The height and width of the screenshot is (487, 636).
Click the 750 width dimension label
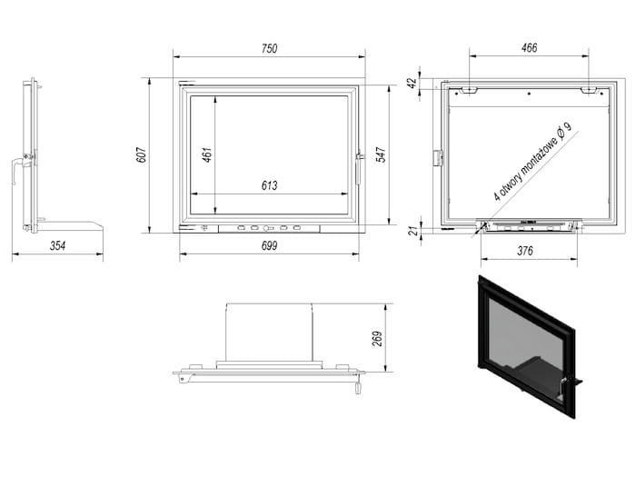point(269,49)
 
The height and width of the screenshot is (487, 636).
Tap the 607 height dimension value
point(141,154)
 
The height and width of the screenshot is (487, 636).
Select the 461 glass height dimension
point(207,154)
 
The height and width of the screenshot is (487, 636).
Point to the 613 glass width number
point(269,185)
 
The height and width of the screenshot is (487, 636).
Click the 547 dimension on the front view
point(382,154)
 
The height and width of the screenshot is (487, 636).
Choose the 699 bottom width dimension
point(269,245)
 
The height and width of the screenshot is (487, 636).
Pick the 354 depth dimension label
point(57,245)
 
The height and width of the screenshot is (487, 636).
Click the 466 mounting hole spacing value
point(529,48)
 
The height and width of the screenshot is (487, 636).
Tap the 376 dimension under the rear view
point(525,251)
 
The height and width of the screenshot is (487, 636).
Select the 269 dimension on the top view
point(377,339)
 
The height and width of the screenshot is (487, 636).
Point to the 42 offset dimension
point(412,84)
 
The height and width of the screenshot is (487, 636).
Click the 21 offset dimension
point(412,231)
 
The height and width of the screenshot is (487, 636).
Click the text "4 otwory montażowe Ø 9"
point(532,162)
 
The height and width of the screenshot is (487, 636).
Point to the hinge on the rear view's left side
point(438,158)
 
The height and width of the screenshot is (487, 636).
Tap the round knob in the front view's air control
point(266,229)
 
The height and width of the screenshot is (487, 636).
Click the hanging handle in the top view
point(358,387)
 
